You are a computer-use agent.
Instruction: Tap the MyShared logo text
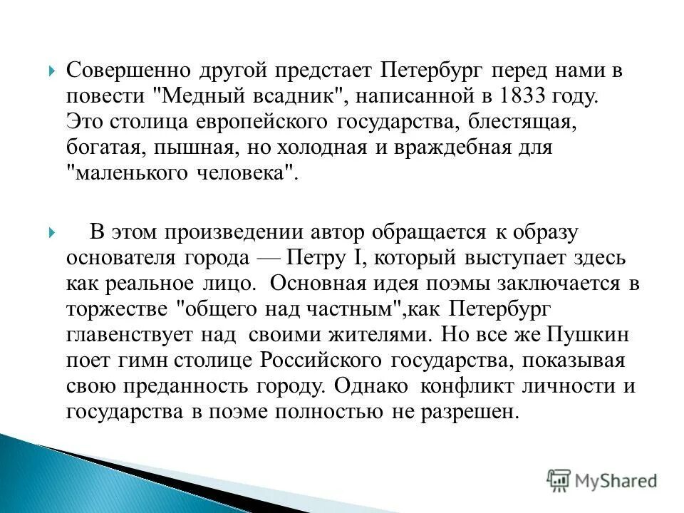(617, 481)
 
